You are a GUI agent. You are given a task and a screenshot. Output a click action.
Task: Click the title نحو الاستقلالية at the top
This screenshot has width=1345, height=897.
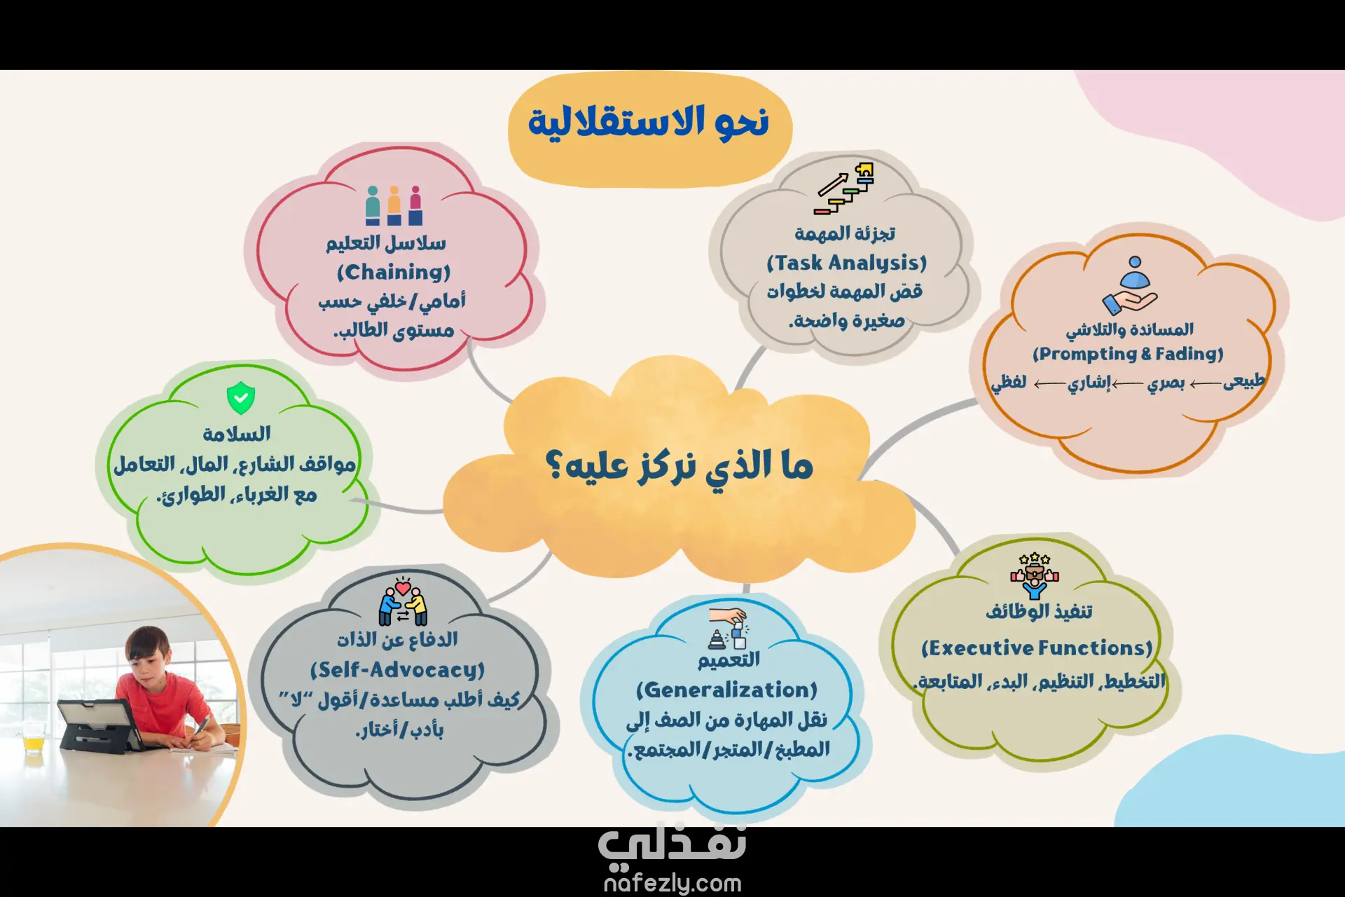coord(649,122)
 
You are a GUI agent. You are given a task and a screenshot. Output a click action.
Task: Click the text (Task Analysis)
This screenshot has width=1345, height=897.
coord(846,263)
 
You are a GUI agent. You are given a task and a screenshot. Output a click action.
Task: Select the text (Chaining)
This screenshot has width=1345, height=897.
coord(394,272)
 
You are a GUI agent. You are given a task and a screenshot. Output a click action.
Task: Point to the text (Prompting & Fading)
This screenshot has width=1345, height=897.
coord(1128,354)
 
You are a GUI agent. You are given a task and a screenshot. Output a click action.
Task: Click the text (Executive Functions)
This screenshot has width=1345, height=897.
coord(1037,648)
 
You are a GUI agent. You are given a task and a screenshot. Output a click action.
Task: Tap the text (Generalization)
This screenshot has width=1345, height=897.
coord(727,690)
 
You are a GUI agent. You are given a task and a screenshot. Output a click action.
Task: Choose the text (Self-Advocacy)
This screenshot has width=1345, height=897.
coord(397,670)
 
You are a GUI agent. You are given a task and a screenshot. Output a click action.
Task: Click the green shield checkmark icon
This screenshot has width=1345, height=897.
coord(241,398)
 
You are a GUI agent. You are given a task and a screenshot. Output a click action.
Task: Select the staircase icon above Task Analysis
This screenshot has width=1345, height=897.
coord(844,189)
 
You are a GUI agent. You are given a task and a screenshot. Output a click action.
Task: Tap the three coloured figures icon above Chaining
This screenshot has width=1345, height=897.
coord(394,205)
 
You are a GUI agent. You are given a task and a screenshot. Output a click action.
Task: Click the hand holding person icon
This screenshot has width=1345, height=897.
coord(1130,286)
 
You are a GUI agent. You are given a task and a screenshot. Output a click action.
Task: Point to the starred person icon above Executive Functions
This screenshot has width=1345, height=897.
coord(1035,576)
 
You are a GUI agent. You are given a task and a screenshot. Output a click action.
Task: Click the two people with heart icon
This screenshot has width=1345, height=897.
coord(403,602)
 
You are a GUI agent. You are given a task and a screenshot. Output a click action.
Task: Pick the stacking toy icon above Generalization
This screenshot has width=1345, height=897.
coord(729,629)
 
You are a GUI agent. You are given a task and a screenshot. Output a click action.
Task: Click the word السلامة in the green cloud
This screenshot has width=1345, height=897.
coord(237,434)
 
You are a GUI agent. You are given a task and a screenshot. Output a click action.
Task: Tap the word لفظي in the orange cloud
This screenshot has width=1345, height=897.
coord(1009,383)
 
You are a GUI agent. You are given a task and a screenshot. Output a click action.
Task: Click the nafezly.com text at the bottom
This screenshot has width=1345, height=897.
coord(672,883)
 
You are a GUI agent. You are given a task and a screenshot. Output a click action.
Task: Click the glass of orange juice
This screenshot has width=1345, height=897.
coord(33,736)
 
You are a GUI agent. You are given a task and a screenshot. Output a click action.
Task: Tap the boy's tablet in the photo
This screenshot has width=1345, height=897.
coord(98,725)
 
